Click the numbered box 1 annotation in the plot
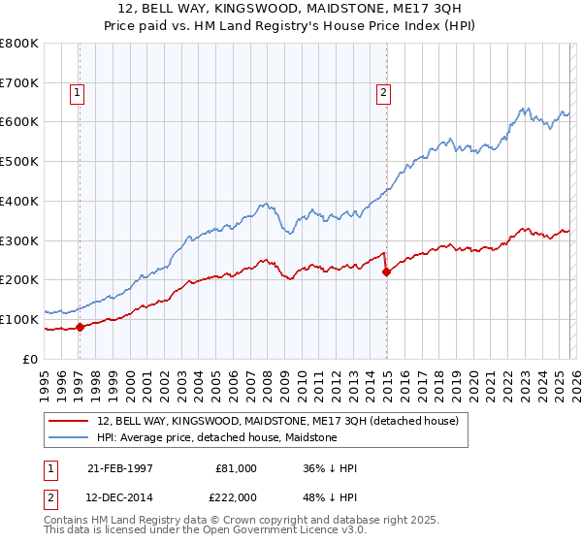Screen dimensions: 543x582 (78, 93)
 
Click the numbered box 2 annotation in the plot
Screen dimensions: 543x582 (383, 93)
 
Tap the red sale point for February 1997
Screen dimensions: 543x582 (81, 327)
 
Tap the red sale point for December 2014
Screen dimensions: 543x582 (386, 271)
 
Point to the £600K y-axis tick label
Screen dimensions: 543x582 (19, 122)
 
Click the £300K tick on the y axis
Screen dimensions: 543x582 (19, 240)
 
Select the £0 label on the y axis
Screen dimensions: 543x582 (31, 359)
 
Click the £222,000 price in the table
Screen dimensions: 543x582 (235, 496)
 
